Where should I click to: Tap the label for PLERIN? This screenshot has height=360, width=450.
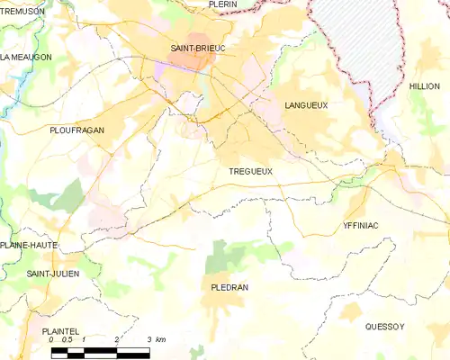[222, 4]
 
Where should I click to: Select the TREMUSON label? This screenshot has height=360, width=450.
[22, 10]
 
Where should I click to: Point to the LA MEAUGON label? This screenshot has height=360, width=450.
[26, 57]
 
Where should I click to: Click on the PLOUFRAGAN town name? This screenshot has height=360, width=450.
[76, 130]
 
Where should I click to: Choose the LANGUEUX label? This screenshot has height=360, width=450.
[306, 105]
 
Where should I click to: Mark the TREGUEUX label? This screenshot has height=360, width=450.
[249, 171]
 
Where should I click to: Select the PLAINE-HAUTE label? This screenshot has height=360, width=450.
[29, 245]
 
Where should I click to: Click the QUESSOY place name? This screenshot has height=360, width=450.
[385, 327]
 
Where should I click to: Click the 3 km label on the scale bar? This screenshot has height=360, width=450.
[156, 340]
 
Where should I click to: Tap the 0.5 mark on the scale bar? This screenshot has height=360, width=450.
[67, 340]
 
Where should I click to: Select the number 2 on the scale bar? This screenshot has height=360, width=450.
[117, 340]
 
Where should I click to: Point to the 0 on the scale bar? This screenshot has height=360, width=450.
[52, 340]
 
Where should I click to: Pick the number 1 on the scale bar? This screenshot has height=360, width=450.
[84, 340]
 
